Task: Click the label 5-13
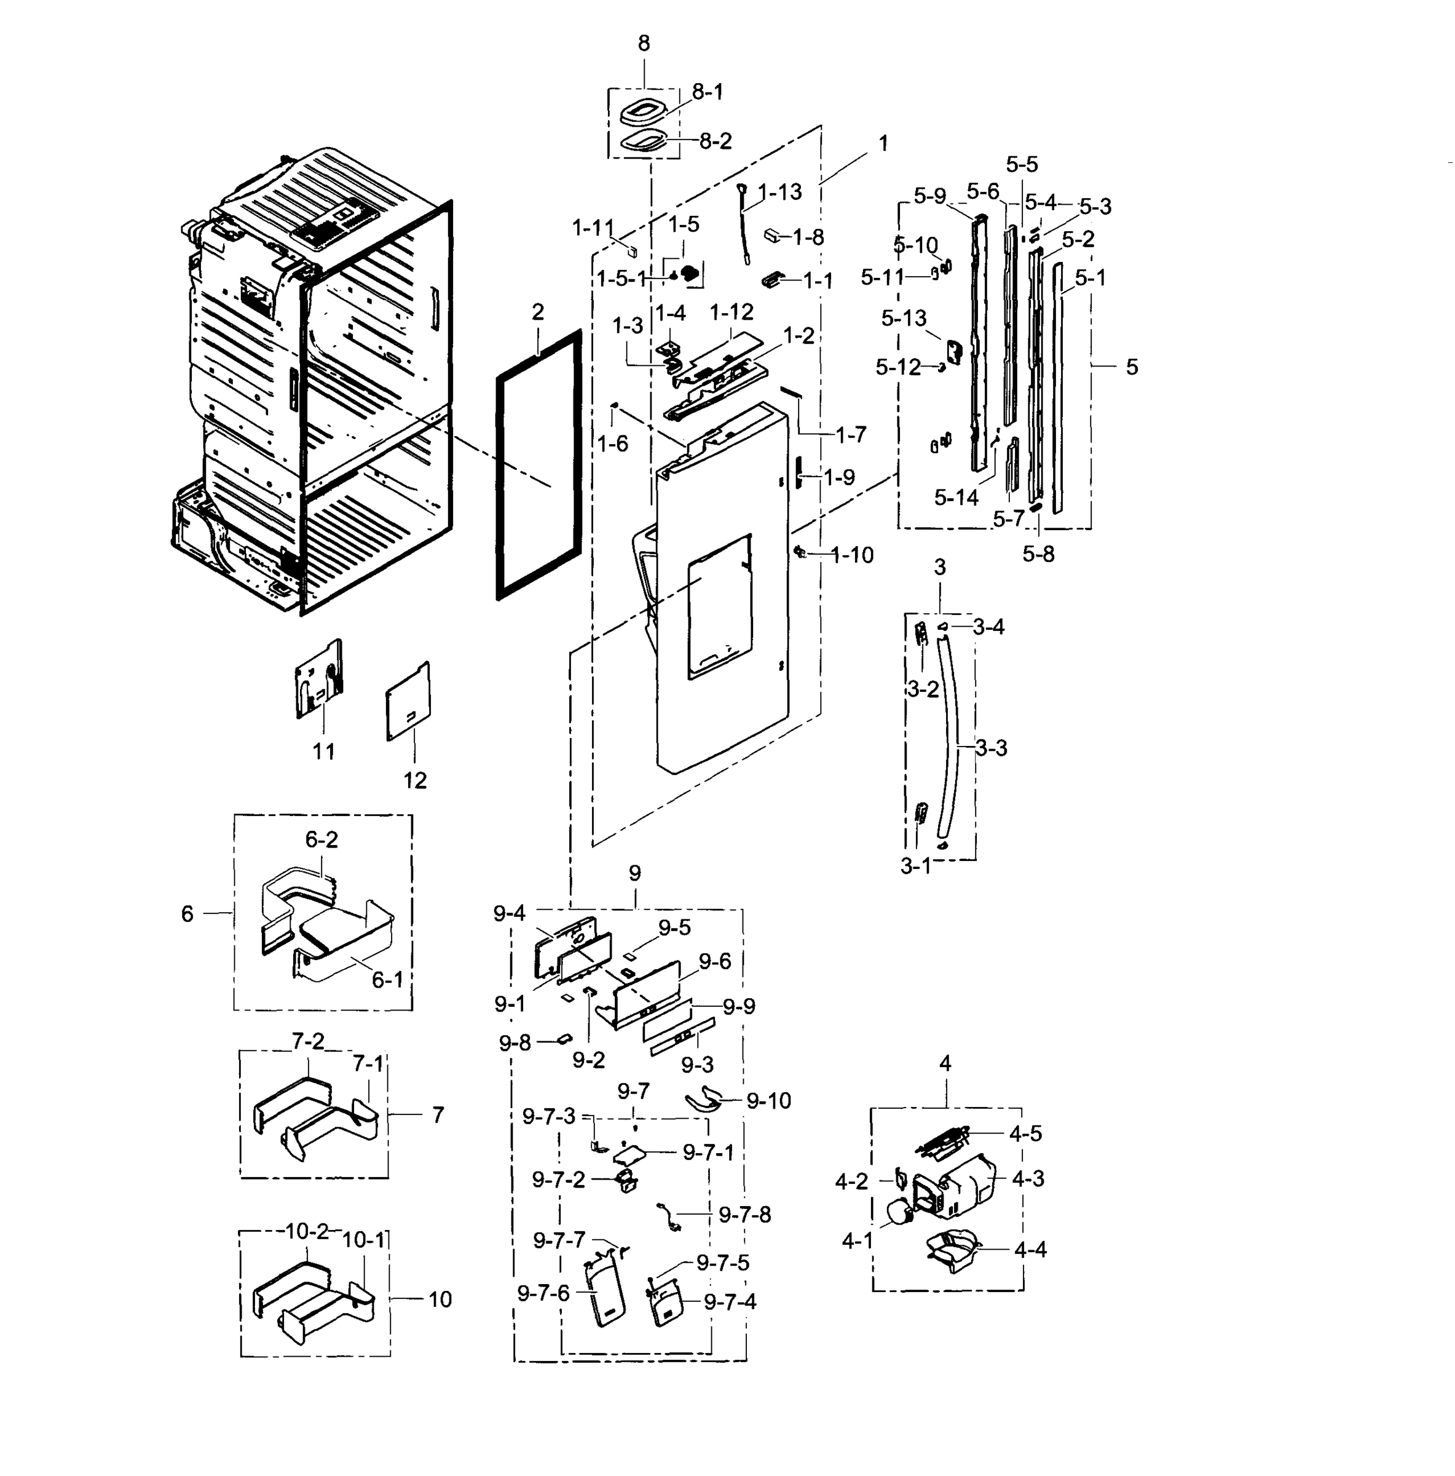[x=904, y=318]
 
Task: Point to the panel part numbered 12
[x=408, y=700]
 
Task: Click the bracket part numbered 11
[x=318, y=678]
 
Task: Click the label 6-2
[x=321, y=839]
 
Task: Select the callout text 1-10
[x=851, y=555]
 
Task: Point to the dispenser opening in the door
[x=718, y=608]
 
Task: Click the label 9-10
[x=768, y=1101]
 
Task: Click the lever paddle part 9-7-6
[x=605, y=1299]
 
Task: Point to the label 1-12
[x=731, y=312]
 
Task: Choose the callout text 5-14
[x=955, y=498]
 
